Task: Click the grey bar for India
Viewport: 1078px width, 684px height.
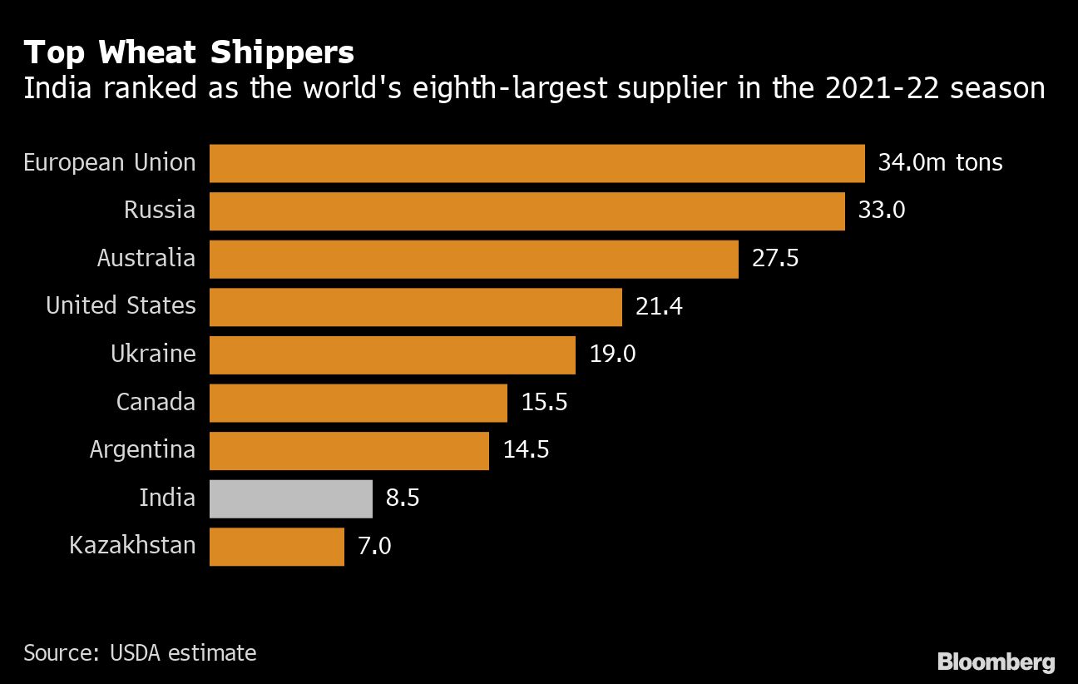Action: click(290, 498)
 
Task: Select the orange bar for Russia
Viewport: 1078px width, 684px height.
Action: click(527, 211)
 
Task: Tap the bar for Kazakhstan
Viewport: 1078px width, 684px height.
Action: click(276, 547)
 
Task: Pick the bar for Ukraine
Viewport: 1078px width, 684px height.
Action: click(392, 354)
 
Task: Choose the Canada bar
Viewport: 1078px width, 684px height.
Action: click(358, 403)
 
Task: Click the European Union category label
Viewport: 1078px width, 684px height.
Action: click(109, 162)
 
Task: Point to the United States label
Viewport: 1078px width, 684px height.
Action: click(121, 306)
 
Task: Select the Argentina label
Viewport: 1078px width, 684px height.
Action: click(142, 450)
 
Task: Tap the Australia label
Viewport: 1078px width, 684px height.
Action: click(146, 258)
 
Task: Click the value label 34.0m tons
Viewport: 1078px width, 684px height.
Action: click(940, 162)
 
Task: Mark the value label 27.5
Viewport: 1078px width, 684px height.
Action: click(775, 258)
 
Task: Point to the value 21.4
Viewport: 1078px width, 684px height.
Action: click(659, 306)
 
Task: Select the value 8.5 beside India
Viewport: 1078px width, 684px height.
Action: click(403, 498)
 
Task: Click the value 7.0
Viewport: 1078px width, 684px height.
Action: click(374, 547)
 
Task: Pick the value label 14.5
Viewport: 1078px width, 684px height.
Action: click(526, 450)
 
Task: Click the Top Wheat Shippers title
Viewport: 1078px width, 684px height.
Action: click(189, 53)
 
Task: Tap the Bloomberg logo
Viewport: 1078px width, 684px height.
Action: click(996, 662)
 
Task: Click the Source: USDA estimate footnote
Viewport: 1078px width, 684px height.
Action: click(140, 653)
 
